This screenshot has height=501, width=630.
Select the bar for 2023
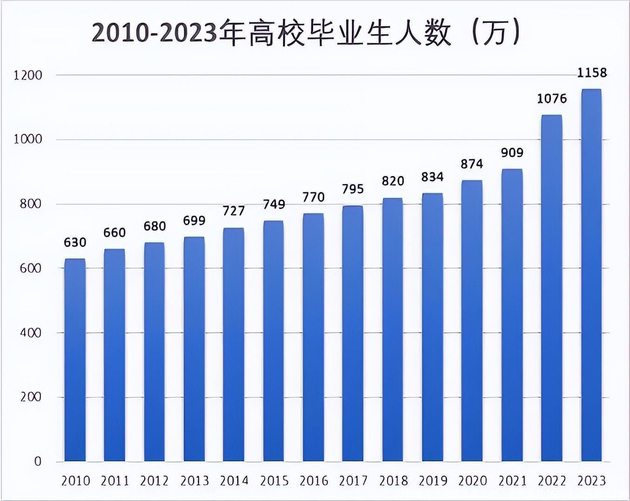[591, 275]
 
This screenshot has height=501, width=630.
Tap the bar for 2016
[313, 337]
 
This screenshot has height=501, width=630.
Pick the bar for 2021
[512, 315]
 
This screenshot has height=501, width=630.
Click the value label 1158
[592, 73]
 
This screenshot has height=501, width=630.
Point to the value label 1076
[552, 99]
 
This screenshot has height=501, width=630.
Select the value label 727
[234, 211]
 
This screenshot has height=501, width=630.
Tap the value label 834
[432, 177]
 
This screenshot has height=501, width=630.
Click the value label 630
[75, 243]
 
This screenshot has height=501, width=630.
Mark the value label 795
[353, 189]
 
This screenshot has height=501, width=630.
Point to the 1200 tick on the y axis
[28, 75]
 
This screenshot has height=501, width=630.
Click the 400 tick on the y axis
[31, 333]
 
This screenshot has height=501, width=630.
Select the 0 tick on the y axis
[38, 461]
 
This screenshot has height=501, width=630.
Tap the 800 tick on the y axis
[31, 204]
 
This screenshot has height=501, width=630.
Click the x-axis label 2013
[194, 481]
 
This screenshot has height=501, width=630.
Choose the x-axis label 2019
[433, 481]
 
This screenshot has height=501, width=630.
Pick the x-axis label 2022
[552, 481]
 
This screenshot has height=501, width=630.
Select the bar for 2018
[392, 330]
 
